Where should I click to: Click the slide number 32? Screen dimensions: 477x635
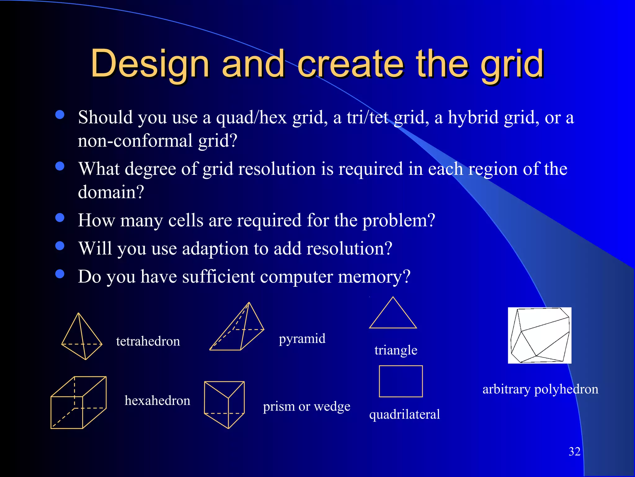574,452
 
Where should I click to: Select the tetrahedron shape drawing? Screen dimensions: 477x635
82,337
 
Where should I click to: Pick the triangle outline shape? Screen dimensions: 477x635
393,314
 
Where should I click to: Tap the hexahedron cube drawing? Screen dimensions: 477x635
78,402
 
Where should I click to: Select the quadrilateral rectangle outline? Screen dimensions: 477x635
401,381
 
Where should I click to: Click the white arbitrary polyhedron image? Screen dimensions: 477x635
540,335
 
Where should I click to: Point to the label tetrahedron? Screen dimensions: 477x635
148,341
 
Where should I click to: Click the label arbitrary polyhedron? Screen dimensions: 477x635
540,389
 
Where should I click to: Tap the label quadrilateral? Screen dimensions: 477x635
404,415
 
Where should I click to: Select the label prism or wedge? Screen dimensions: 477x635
306,407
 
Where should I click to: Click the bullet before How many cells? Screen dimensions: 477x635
60,218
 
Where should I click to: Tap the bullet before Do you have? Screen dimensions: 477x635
60,274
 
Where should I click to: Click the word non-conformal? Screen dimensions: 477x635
135,141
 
